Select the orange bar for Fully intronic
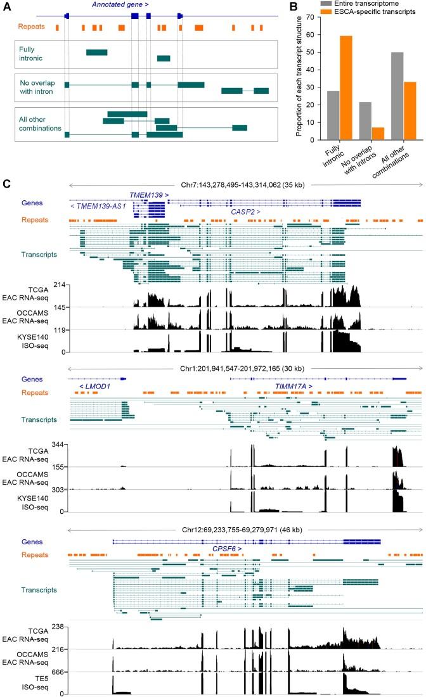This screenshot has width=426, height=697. tap(346, 87)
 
